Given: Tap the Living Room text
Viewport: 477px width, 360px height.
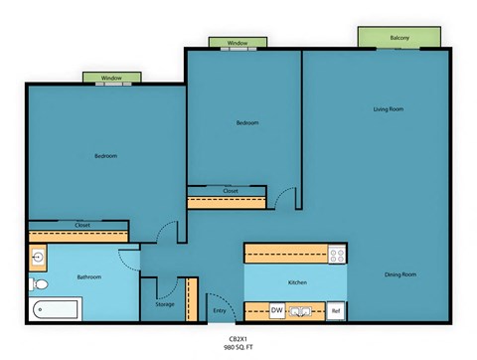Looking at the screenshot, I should point(388,108).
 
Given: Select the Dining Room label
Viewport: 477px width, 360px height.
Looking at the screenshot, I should point(400,273).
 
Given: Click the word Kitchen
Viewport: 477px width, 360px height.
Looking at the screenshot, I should point(297,282).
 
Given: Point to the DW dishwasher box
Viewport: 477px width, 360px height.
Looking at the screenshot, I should point(277,311).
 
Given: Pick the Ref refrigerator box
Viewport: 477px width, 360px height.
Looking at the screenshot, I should point(336,311).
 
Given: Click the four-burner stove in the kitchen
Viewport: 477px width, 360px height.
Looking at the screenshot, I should point(336,254).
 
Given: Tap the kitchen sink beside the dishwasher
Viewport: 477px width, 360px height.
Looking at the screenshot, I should point(302,311).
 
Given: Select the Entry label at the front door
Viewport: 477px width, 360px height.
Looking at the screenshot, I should point(220,311).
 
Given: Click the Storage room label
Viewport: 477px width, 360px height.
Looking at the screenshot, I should point(165,304).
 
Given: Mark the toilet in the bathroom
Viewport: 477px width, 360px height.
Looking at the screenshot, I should point(36,285).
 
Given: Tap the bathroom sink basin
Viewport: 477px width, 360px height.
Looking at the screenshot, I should point(37,258).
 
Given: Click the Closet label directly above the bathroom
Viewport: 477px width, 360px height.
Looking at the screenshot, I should point(82,226).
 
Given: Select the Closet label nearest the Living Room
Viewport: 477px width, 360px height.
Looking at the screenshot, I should point(230,191).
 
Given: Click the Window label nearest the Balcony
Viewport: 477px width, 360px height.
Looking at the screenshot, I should point(238,43).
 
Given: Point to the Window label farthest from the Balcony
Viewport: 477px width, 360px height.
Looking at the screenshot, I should point(111,78).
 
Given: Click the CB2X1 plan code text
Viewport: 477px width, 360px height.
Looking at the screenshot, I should point(238,339).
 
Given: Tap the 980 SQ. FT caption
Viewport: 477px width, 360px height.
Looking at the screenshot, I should point(238,348).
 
